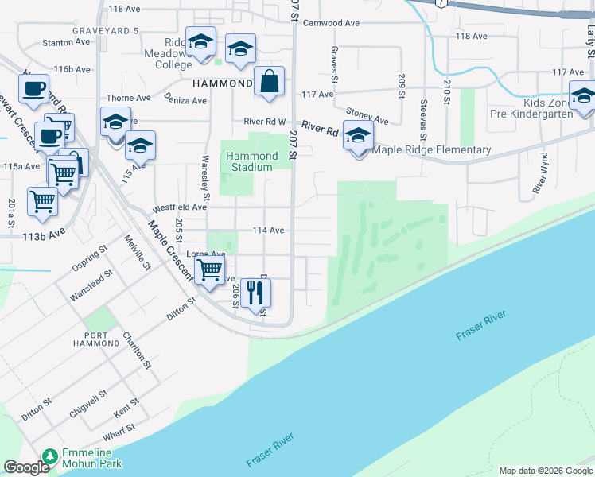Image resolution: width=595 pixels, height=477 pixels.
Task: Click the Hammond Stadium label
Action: tap(251, 161)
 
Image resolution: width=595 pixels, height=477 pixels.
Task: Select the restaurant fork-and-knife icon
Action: tap(255, 293)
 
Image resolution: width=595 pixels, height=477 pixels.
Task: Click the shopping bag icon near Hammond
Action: tap(270, 81)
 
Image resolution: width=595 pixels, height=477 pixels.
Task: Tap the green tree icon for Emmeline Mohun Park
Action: tap(51, 456)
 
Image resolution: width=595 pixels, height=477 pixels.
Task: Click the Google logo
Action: tap(25, 467)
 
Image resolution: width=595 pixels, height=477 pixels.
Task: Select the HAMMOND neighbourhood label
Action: tap(223, 83)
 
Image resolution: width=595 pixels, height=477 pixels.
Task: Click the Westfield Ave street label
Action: tap(181, 207)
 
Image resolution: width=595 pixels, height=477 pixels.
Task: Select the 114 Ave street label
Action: tap(268, 230)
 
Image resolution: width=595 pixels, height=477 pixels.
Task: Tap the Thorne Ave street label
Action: tap(129, 99)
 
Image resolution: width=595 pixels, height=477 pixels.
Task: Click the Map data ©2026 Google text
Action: tap(546, 471)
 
